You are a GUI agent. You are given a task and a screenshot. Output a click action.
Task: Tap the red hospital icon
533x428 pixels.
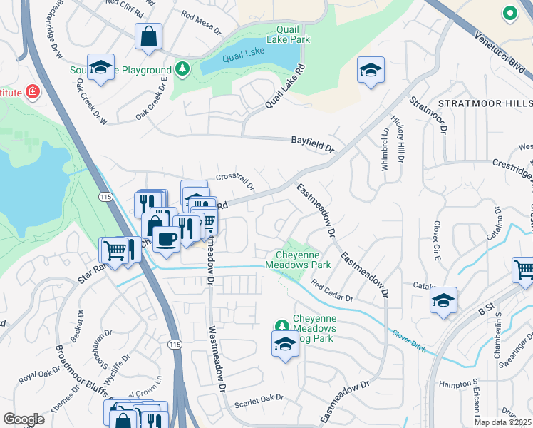(x=32, y=91)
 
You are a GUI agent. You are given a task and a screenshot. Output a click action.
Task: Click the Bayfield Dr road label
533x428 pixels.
(x=312, y=143)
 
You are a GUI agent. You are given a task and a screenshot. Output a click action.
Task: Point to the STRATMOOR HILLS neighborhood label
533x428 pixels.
(x=485, y=103)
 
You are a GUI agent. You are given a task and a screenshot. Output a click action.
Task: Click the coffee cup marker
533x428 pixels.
(x=166, y=239)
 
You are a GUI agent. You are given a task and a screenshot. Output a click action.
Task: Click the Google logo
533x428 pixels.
(x=24, y=419)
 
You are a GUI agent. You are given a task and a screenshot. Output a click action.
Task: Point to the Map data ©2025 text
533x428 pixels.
(x=502, y=422)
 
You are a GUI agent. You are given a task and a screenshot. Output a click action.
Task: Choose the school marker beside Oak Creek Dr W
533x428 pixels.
(x=100, y=68)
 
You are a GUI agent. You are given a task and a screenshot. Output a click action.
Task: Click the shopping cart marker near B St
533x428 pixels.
(x=524, y=270)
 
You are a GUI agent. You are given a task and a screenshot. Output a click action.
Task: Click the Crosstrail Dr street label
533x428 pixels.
(x=235, y=180)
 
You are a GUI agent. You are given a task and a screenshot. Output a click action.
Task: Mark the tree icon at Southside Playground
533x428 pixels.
(x=183, y=69)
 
